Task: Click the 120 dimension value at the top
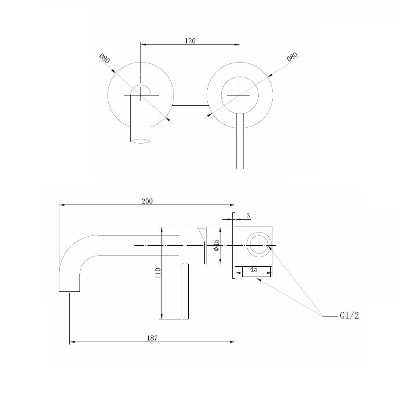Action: [190, 41]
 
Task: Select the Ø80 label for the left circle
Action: [105, 58]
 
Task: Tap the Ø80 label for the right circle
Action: [292, 57]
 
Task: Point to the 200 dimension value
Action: [147, 201]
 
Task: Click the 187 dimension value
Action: [152, 338]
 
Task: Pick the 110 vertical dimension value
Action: [158, 273]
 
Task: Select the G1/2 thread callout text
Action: [349, 316]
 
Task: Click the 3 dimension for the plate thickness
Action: [248, 216]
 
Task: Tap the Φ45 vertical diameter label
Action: [216, 245]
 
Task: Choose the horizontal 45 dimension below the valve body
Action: [254, 269]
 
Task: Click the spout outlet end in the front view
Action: [140, 141]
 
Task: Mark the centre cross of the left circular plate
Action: [140, 95]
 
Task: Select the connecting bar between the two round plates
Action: [190, 95]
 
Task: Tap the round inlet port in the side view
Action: [259, 244]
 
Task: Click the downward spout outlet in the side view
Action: [69, 291]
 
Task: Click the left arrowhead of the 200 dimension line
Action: [62, 205]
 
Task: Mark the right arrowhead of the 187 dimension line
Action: [232, 342]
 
